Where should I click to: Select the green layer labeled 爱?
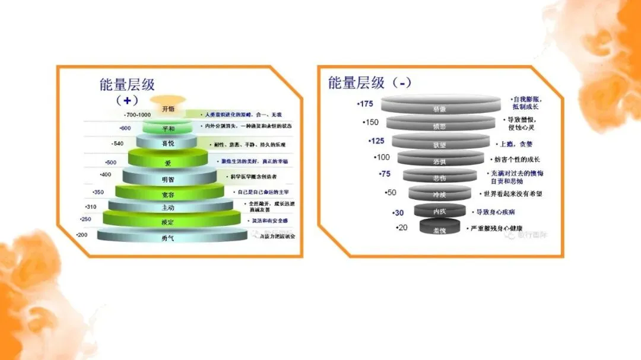click(168, 161)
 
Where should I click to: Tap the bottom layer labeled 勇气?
click(168, 237)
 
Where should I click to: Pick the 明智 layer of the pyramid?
click(168, 179)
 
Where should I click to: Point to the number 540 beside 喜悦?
click(118, 144)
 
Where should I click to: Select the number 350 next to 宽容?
click(98, 192)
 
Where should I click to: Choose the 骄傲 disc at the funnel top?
click(439, 109)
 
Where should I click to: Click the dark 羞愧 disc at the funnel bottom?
click(440, 230)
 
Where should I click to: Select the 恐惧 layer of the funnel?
click(439, 161)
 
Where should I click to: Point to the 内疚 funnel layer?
click(440, 211)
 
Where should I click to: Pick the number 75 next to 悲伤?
click(385, 174)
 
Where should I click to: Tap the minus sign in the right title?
click(404, 84)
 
